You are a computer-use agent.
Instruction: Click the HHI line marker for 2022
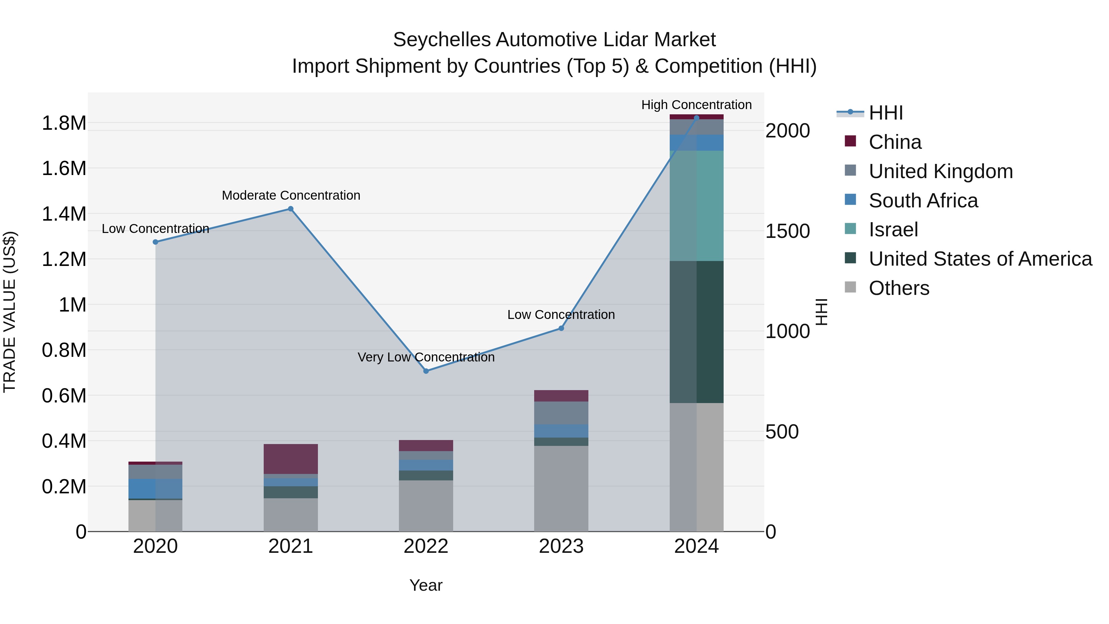tap(426, 371)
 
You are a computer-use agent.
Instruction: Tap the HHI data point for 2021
tap(290, 209)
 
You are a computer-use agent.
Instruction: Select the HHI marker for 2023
tap(561, 328)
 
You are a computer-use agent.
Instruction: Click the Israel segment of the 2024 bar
tap(697, 206)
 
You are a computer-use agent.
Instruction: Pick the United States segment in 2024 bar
tap(697, 332)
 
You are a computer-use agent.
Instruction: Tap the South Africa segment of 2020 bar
tap(156, 488)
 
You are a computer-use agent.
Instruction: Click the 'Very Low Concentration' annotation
tap(426, 357)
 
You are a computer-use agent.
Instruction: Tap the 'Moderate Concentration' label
tap(290, 195)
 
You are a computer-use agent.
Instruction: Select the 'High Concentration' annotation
tap(696, 105)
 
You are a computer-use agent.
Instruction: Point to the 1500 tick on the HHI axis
tap(787, 231)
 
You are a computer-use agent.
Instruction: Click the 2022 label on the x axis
tap(426, 546)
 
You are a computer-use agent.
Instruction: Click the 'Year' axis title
tap(426, 585)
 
